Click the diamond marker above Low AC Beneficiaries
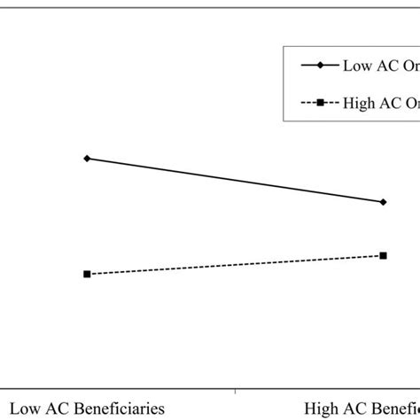87,159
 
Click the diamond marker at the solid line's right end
383,202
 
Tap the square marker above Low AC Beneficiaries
87,274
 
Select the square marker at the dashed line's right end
383,255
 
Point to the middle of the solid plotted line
235,180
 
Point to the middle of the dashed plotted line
235,265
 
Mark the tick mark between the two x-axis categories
235,390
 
